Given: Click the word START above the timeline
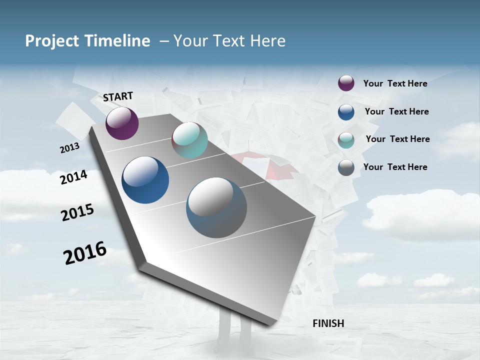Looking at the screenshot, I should (118, 96).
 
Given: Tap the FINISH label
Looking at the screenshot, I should (328, 323).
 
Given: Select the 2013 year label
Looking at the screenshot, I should (69, 148).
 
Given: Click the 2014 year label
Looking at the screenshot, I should (73, 177).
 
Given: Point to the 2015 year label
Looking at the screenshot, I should (77, 212).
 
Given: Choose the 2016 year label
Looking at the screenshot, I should (85, 253).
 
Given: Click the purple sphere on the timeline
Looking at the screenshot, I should (122, 123).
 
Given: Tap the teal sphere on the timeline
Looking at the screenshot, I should (189, 140).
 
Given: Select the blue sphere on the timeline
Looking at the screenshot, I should (145, 180).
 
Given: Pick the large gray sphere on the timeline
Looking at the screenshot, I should (216, 207).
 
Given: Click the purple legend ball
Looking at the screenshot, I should (346, 83).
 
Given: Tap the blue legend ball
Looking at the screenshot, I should (346, 112).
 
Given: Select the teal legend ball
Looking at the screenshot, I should (346, 140).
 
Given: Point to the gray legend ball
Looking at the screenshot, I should (346, 167).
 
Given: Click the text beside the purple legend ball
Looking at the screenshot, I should (395, 83).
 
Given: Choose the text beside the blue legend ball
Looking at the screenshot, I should (396, 111).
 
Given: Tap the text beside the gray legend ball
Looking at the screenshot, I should (395, 167).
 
